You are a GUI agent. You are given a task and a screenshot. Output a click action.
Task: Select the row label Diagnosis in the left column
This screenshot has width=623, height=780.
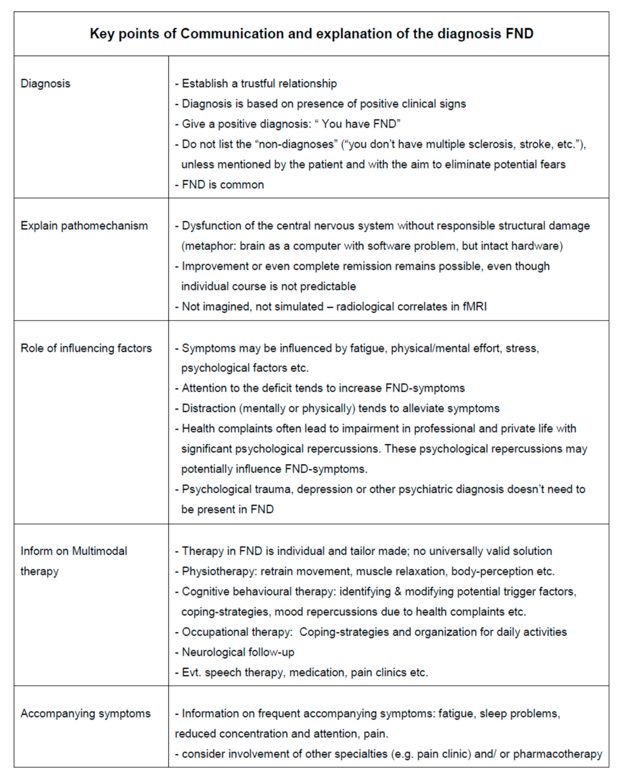tap(45, 84)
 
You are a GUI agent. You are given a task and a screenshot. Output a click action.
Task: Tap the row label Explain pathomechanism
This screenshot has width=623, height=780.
tap(84, 226)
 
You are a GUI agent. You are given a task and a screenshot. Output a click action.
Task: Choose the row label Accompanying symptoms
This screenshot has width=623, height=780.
tap(85, 713)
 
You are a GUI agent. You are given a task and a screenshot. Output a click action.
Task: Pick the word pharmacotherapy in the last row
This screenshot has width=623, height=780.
tap(558, 754)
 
